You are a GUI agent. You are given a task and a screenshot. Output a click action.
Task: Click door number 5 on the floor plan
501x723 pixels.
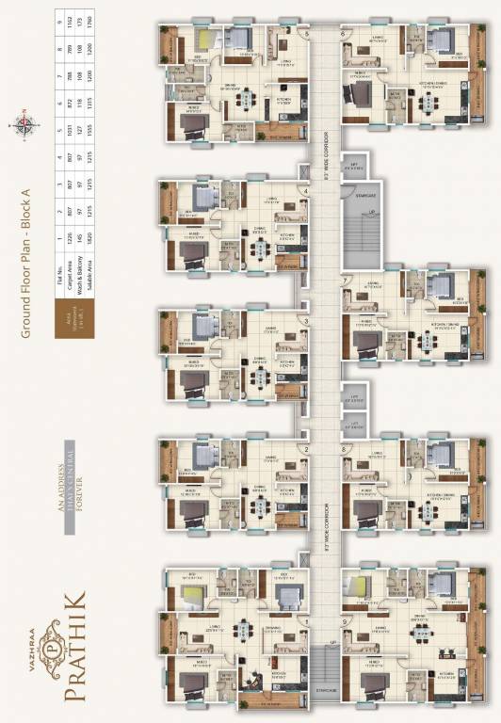coord(306,34)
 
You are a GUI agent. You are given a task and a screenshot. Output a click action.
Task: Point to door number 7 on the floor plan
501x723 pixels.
coord(347,281)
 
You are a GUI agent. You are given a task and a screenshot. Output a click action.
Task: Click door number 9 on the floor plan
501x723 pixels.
coord(347,622)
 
